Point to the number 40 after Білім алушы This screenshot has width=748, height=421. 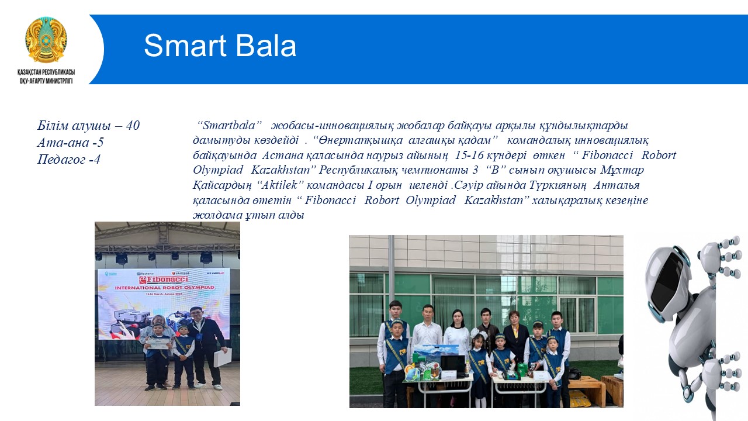point(133,126)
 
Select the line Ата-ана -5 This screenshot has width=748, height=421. point(71,142)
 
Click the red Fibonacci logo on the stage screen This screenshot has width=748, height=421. point(164,279)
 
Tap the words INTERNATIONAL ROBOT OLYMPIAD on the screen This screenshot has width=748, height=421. point(165,288)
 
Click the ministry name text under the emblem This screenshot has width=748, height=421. point(46,77)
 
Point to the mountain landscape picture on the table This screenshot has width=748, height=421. point(436,354)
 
